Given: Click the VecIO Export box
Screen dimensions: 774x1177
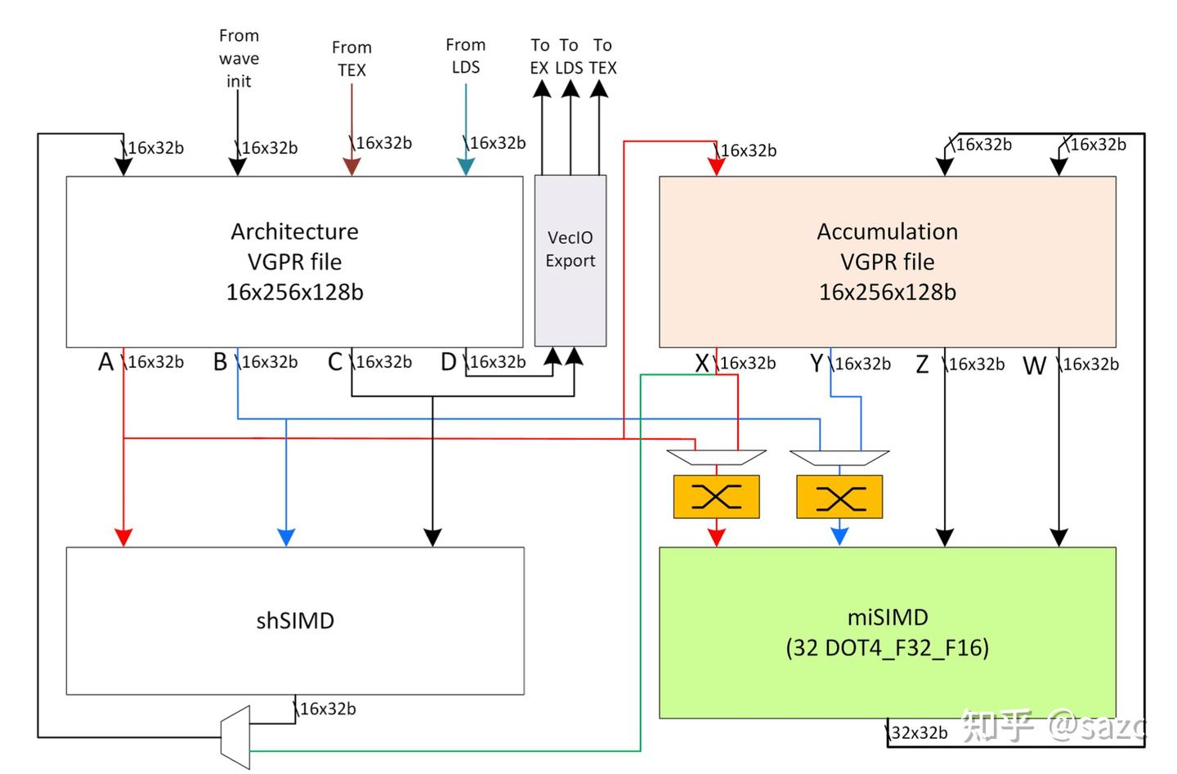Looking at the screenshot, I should (571, 260).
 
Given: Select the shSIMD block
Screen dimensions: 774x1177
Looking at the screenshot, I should (295, 620).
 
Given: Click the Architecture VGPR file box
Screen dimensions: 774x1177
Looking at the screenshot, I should (294, 262).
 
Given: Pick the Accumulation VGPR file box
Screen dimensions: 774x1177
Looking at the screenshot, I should (887, 262).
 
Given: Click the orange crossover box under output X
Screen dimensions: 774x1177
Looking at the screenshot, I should (716, 496).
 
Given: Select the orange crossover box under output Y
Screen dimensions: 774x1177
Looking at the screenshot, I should (839, 496).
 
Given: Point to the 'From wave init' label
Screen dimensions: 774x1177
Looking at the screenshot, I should (239, 58).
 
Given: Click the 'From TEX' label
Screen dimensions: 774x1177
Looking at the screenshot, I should (351, 59).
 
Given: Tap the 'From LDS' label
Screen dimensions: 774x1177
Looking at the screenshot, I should (466, 56).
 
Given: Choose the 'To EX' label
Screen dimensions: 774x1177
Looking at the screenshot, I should (539, 56).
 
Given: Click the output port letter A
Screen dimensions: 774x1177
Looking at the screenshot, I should (105, 362).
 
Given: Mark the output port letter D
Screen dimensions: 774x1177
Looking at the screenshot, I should (448, 362).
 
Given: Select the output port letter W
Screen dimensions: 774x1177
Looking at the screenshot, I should (1034, 365).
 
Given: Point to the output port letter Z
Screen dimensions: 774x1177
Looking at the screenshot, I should (922, 365).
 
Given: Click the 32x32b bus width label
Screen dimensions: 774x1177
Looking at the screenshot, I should (919, 732).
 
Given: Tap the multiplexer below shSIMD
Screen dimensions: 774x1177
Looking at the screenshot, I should (235, 737).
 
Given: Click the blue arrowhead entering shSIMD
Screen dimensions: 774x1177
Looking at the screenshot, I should (286, 537).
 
